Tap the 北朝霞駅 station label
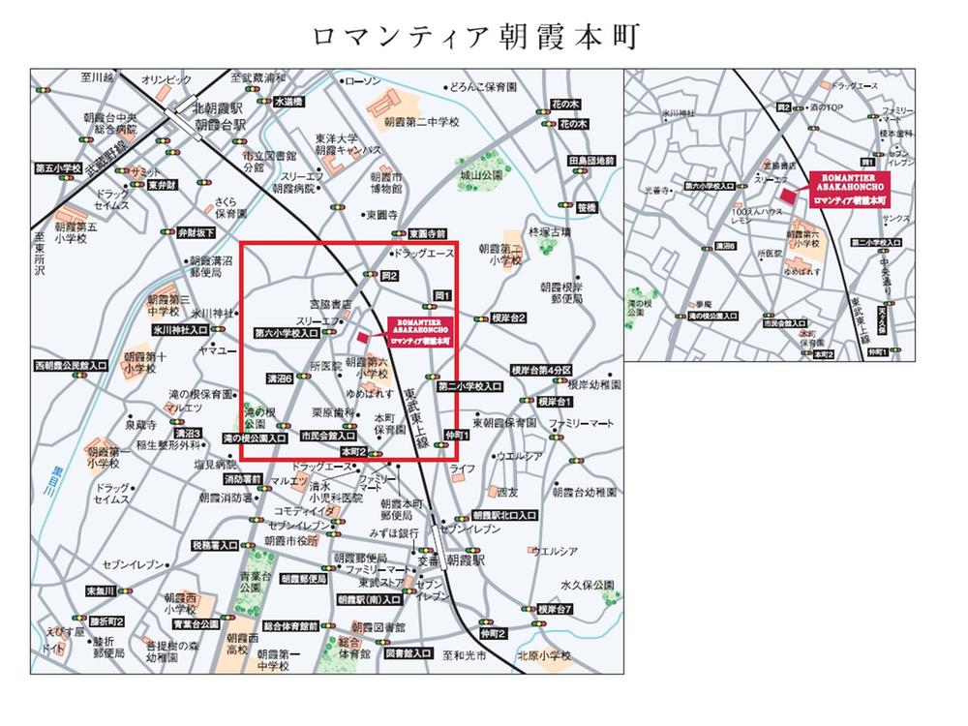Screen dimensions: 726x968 click(x=216, y=109)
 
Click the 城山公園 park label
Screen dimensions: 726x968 click(x=481, y=175)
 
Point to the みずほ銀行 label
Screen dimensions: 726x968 click(x=393, y=532)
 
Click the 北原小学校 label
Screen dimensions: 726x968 click(x=544, y=656)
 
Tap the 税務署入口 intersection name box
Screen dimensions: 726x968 click(x=215, y=546)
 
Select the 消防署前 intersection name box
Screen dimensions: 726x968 click(x=242, y=479)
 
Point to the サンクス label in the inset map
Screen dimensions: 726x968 click(x=893, y=220)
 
